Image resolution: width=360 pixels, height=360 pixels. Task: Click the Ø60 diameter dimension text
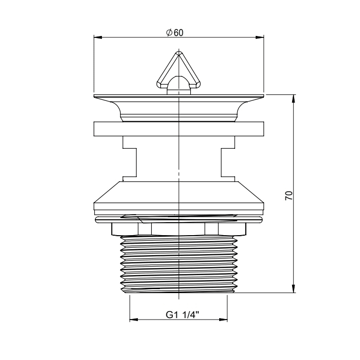175,33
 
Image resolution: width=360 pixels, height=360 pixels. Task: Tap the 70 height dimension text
289,195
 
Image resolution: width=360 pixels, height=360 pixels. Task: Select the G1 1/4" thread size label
182,315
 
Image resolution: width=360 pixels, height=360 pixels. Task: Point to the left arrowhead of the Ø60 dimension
98,37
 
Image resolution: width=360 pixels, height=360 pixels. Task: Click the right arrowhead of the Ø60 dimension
260,37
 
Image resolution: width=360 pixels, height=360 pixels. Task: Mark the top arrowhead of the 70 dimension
294,99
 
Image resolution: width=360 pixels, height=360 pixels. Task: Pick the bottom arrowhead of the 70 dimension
294,289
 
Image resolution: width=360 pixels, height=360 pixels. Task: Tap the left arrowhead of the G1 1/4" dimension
134,320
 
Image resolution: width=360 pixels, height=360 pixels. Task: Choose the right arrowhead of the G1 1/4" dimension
223,320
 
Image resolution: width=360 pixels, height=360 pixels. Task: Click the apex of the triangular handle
179,53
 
